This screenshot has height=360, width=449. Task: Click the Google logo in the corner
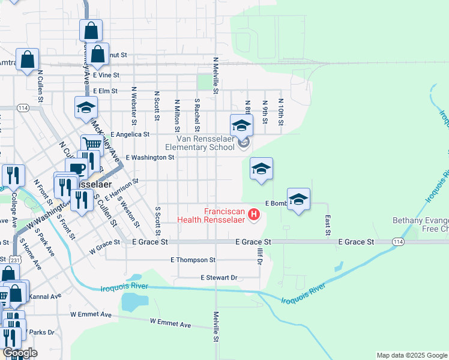point(20,353)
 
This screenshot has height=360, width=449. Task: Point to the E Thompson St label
point(193,260)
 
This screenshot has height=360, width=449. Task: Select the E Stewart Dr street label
point(219,278)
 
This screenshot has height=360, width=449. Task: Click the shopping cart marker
point(91,144)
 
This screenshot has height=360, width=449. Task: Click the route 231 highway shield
point(16,260)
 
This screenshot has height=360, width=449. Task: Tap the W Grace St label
point(101,247)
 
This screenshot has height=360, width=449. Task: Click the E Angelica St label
point(129,135)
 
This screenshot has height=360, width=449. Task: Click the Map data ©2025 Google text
point(411,355)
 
